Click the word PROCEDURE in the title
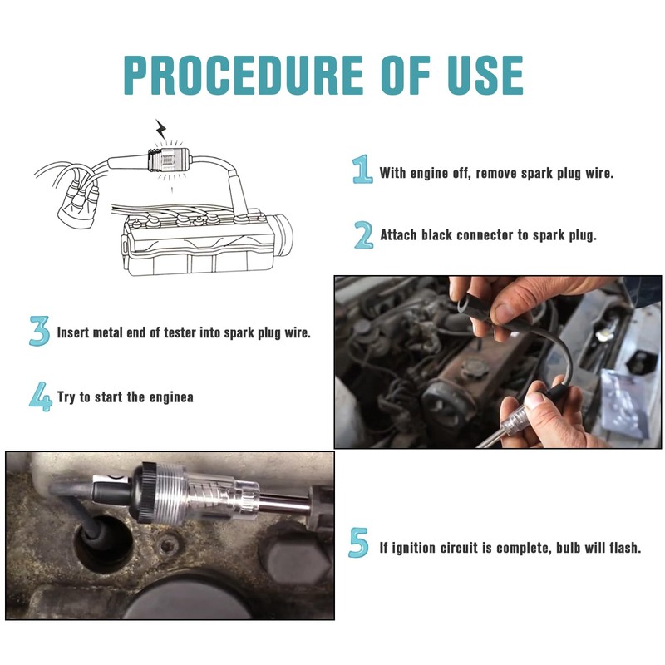point(243,75)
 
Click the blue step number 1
point(362,170)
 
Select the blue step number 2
point(363,234)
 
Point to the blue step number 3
point(39,331)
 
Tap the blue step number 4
point(40,397)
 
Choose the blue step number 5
point(358,543)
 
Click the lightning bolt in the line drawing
point(160,129)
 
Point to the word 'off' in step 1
point(461,173)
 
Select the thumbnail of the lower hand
point(534,400)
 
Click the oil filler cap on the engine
point(474,368)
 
